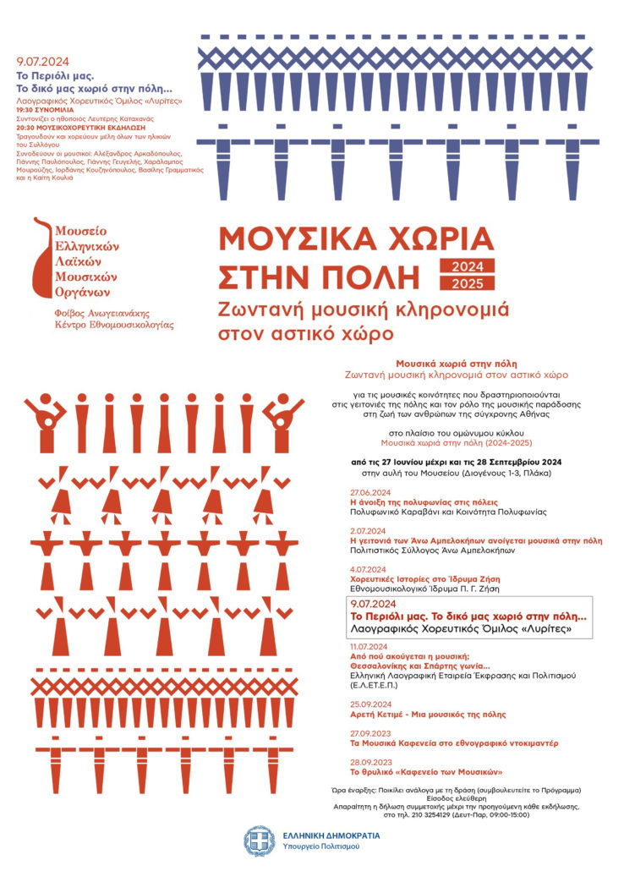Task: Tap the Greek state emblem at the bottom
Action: point(257,841)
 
